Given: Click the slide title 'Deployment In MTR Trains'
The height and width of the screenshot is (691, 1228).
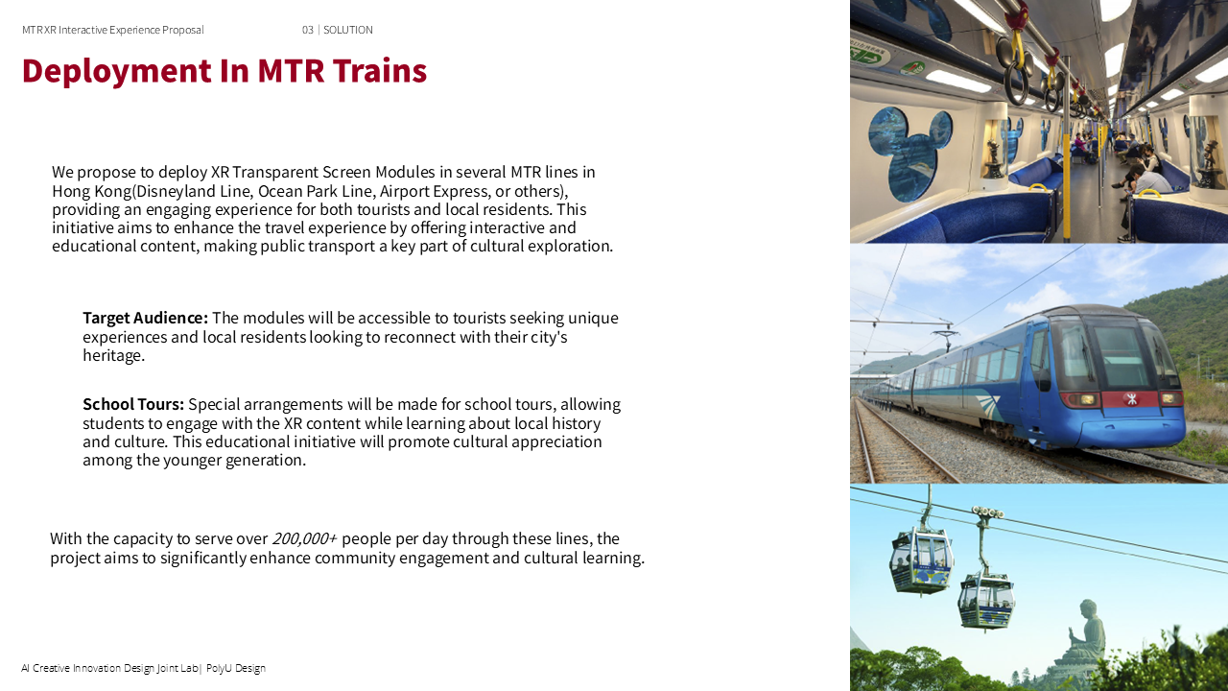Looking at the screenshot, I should click(224, 71).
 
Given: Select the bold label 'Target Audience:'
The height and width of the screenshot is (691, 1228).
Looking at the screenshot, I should click(145, 318).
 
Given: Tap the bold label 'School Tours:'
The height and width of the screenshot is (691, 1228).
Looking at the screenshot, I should click(133, 404).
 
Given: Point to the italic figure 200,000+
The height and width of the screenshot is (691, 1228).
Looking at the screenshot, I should click(304, 538).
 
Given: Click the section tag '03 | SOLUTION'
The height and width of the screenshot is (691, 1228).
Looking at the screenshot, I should click(338, 30).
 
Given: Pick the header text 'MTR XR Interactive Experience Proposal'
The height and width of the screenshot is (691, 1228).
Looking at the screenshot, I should click(113, 30).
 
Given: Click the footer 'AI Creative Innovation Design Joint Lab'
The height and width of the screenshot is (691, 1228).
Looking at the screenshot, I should click(109, 668).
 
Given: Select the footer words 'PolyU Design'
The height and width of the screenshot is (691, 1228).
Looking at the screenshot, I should click(236, 668).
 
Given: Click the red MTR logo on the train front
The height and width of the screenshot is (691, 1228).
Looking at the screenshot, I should click(1132, 398).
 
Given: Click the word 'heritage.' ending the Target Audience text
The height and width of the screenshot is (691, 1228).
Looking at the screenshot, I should click(113, 355).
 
